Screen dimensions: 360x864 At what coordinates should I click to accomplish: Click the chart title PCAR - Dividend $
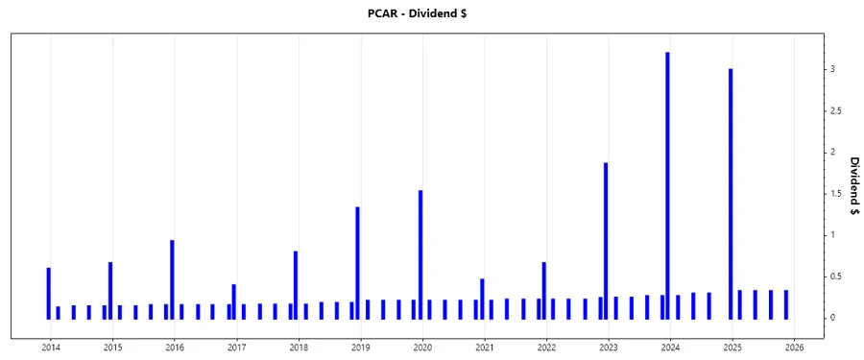(431, 12)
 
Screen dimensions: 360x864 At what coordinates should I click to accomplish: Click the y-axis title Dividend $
(853, 185)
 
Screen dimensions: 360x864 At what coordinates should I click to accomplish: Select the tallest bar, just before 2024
(667, 182)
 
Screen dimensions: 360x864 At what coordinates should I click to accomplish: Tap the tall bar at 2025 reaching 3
(731, 192)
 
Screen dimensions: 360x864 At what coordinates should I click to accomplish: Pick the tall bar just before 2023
(606, 240)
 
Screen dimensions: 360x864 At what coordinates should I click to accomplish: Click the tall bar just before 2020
(420, 254)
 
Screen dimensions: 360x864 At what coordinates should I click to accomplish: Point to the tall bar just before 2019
(357, 262)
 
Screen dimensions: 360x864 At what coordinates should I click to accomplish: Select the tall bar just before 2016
(172, 278)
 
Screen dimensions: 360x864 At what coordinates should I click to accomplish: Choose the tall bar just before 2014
(48, 293)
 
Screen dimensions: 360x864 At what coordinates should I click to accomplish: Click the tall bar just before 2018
(296, 284)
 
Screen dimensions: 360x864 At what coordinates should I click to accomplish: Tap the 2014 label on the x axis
(51, 348)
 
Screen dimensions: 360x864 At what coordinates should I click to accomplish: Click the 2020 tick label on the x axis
(422, 348)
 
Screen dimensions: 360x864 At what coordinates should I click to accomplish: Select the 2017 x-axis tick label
(237, 348)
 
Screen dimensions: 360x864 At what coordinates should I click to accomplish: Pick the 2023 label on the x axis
(609, 348)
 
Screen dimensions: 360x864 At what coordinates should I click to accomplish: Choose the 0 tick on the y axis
(832, 318)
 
